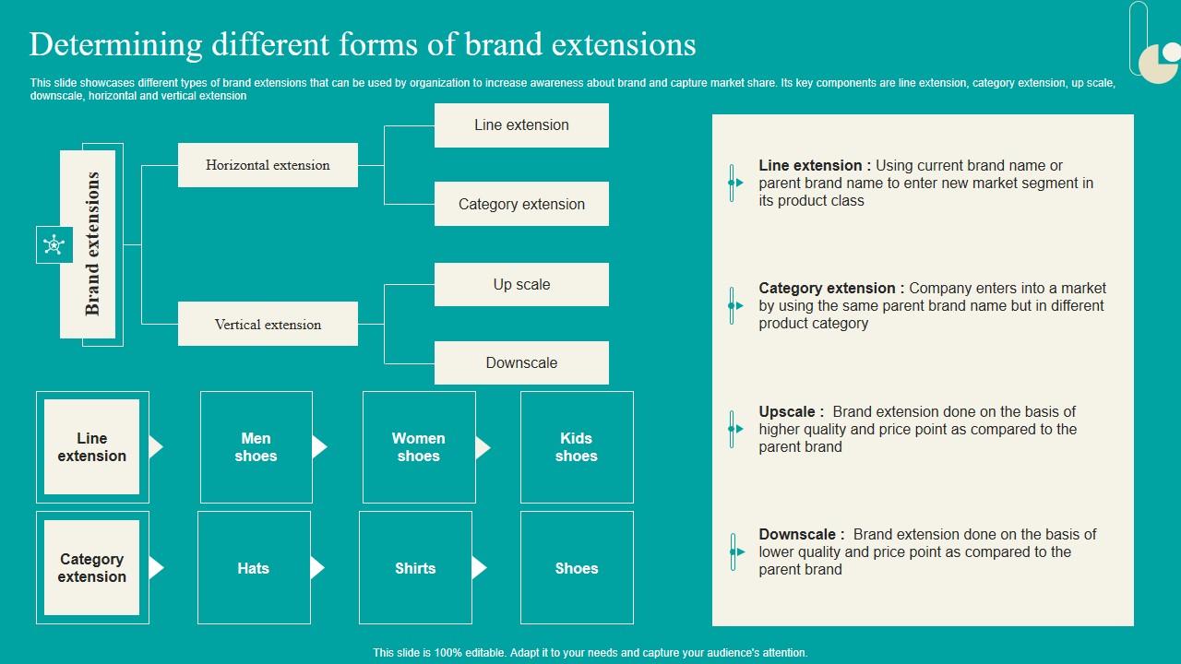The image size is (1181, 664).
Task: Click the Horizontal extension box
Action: point(268,165)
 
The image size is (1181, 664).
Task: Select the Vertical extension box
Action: point(268,325)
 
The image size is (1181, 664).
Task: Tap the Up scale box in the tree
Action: point(521,284)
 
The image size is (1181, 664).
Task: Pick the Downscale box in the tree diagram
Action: point(521,362)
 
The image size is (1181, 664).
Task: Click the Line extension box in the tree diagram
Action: point(521,125)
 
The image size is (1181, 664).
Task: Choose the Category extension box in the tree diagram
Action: point(521,204)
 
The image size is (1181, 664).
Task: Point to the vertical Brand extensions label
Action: point(90,244)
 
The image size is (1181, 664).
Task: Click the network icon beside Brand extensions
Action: point(54,244)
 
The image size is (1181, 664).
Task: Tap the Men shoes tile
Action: point(256,447)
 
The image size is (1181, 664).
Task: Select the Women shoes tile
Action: point(418,447)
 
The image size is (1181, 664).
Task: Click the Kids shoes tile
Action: point(577,447)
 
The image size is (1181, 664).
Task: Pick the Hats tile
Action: point(253,568)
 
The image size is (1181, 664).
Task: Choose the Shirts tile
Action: point(415,568)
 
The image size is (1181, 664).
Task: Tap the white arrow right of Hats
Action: point(317,568)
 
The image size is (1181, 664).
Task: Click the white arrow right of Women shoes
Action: point(483,447)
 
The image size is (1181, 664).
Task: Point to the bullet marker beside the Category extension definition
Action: point(734,305)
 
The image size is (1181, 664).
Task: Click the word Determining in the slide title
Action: point(115,44)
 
